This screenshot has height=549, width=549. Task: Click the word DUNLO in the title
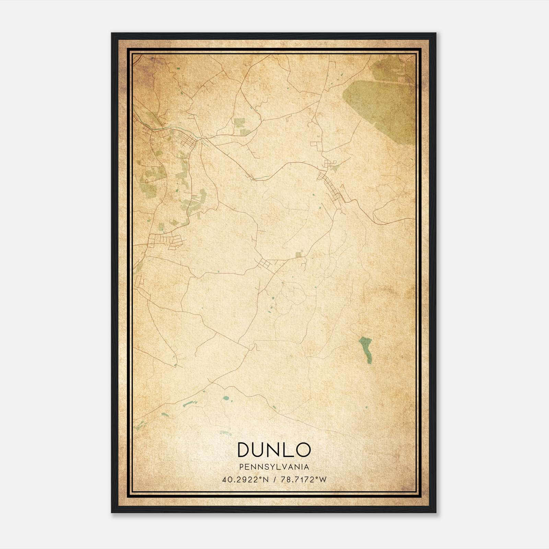click(x=274, y=450)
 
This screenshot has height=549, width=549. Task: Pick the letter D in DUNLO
click(x=244, y=450)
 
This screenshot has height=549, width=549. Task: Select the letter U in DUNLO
click(x=259, y=450)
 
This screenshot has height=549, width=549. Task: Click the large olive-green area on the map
click(x=381, y=100)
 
